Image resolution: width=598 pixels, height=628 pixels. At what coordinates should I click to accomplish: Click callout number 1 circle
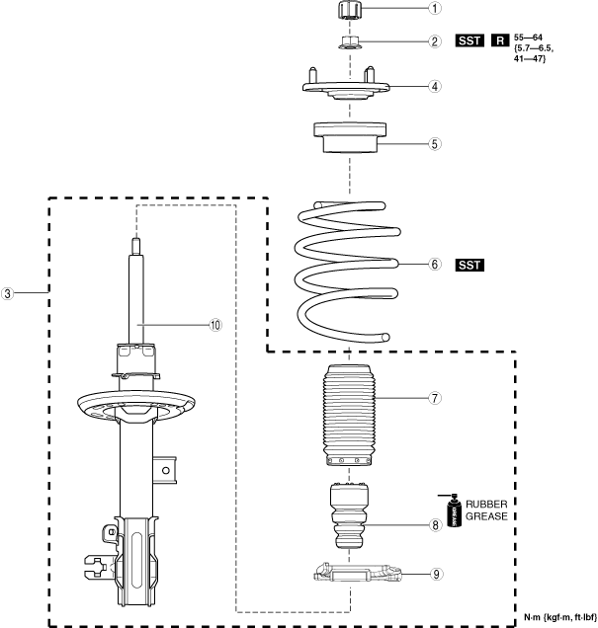407,10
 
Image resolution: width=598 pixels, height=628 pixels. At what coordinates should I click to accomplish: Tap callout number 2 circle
407,41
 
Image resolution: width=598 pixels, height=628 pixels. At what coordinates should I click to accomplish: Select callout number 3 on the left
8,293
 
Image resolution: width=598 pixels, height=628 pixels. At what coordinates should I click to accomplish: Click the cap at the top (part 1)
351,11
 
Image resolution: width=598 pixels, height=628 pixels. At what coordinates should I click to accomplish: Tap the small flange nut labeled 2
351,42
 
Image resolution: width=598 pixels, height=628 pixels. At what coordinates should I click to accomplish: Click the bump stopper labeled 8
351,513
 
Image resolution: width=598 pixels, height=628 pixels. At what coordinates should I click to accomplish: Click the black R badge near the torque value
500,41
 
